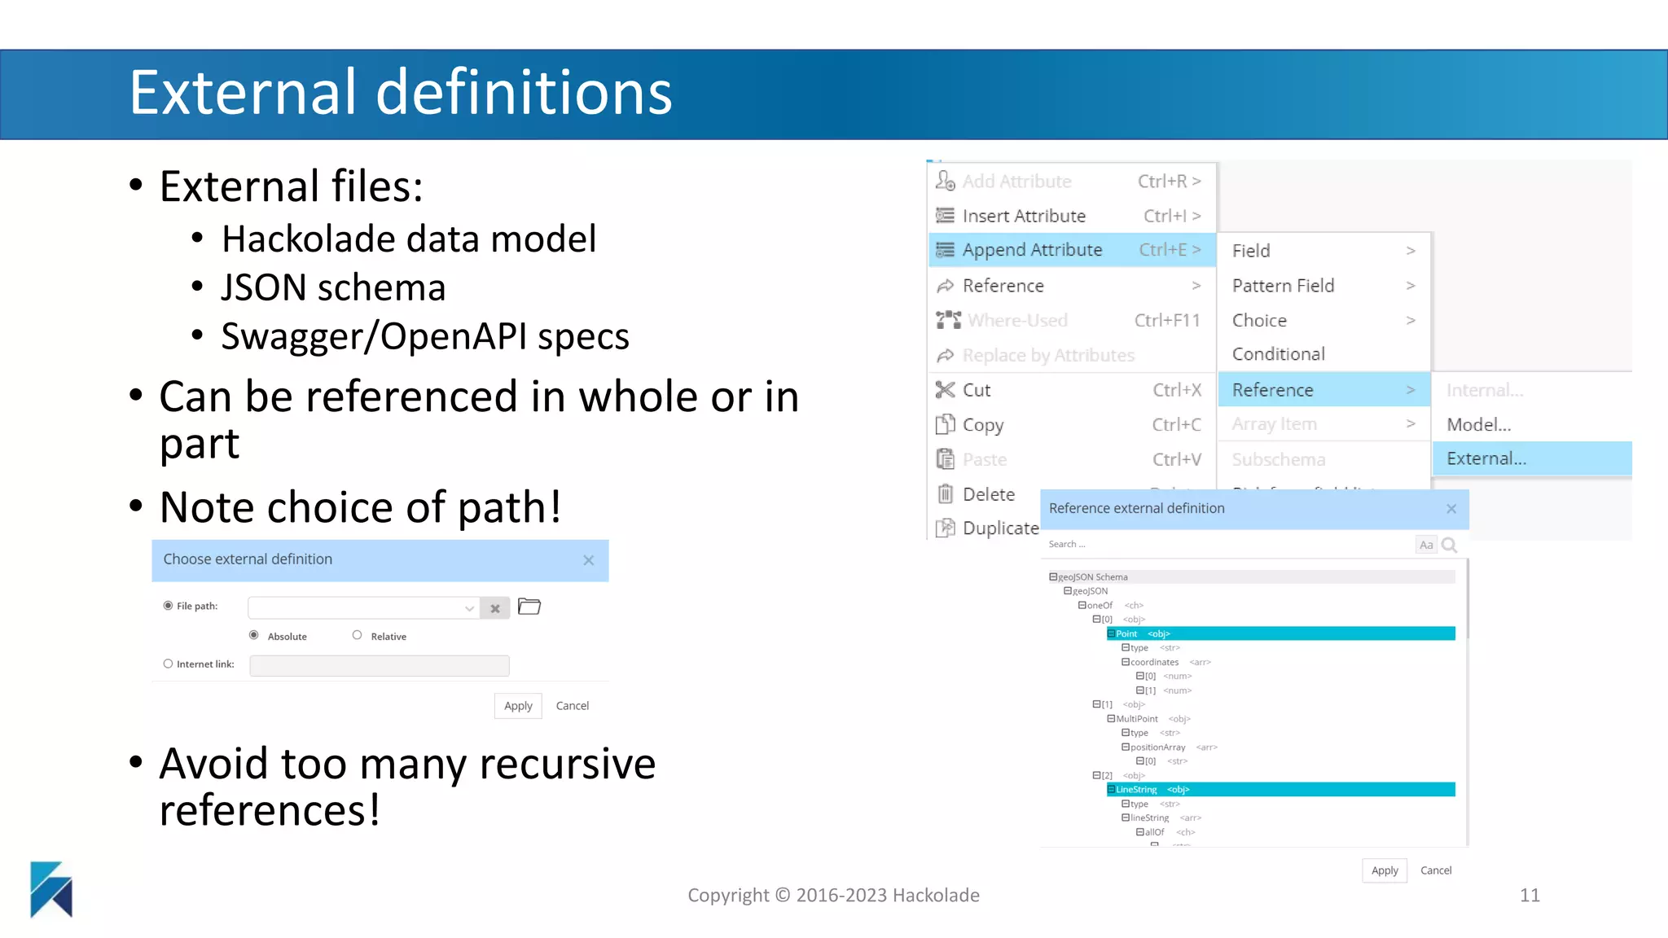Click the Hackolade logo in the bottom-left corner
pos(51,889)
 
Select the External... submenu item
pos(1486,458)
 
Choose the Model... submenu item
pos(1478,424)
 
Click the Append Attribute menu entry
pos(1032,250)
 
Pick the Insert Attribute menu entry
pos(1024,216)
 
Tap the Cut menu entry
pos(977,390)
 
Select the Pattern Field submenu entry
pos(1283,286)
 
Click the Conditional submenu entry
pos(1278,354)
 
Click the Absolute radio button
pos(254,635)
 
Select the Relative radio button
pos(357,635)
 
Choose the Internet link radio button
pos(168,664)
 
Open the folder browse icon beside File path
pos(529,607)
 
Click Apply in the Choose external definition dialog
pos(518,706)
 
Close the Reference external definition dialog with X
pos(1451,509)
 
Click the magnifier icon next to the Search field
pos(1450,545)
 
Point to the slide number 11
pos(1530,896)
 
